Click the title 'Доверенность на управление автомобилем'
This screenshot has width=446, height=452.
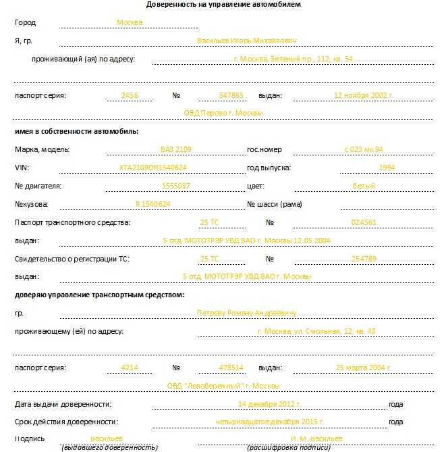[x=223, y=4]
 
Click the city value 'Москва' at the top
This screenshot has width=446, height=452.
[x=130, y=22]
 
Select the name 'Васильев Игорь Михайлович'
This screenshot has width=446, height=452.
[x=246, y=41]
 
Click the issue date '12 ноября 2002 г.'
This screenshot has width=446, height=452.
[x=363, y=95]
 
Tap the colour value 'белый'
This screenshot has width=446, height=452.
[x=364, y=186]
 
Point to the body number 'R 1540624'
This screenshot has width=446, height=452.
[x=152, y=204]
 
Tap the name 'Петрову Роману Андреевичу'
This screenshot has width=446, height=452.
[x=246, y=313]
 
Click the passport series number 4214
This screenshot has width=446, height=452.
[x=129, y=368]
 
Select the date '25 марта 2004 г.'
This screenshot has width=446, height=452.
[x=363, y=368]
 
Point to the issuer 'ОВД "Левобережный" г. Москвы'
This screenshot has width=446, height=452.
[x=223, y=386]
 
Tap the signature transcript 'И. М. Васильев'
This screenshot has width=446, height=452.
[x=312, y=438]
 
